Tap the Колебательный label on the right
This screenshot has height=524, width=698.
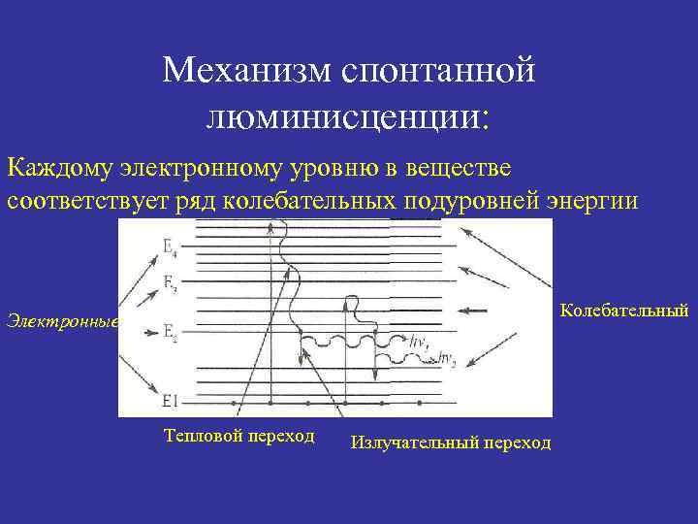tap(624, 311)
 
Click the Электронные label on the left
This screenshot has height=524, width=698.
tap(60, 321)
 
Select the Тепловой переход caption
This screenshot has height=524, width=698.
tap(239, 435)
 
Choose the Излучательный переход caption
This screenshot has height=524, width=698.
tap(451, 442)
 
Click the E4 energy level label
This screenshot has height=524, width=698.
tap(170, 249)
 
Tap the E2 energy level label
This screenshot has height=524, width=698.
tap(170, 334)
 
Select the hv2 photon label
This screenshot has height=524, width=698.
tap(448, 361)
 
